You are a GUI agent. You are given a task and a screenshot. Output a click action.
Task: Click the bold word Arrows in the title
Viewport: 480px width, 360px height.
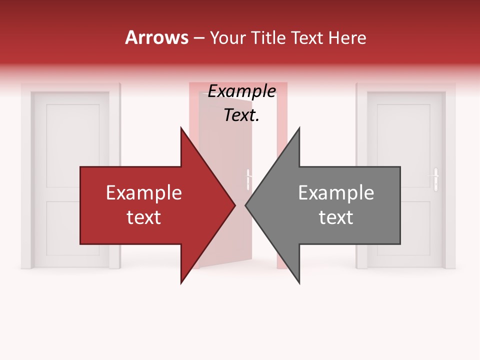tap(156, 37)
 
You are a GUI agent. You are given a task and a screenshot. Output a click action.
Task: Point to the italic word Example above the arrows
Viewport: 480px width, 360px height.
tap(241, 91)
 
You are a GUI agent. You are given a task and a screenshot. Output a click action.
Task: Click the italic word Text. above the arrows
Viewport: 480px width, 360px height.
tap(241, 115)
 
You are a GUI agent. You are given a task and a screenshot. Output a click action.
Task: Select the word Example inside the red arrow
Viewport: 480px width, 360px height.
tap(144, 193)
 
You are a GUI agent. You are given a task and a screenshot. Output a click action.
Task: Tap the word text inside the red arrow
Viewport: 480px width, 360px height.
tap(144, 217)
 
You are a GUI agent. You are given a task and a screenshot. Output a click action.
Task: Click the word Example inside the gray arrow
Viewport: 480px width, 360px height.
tap(336, 193)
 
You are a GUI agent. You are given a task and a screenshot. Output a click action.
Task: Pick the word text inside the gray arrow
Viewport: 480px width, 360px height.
tap(336, 217)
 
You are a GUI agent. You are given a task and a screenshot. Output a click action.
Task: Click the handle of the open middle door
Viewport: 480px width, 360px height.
tap(248, 179)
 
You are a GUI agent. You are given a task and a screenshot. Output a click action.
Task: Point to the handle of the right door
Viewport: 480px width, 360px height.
tap(435, 178)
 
